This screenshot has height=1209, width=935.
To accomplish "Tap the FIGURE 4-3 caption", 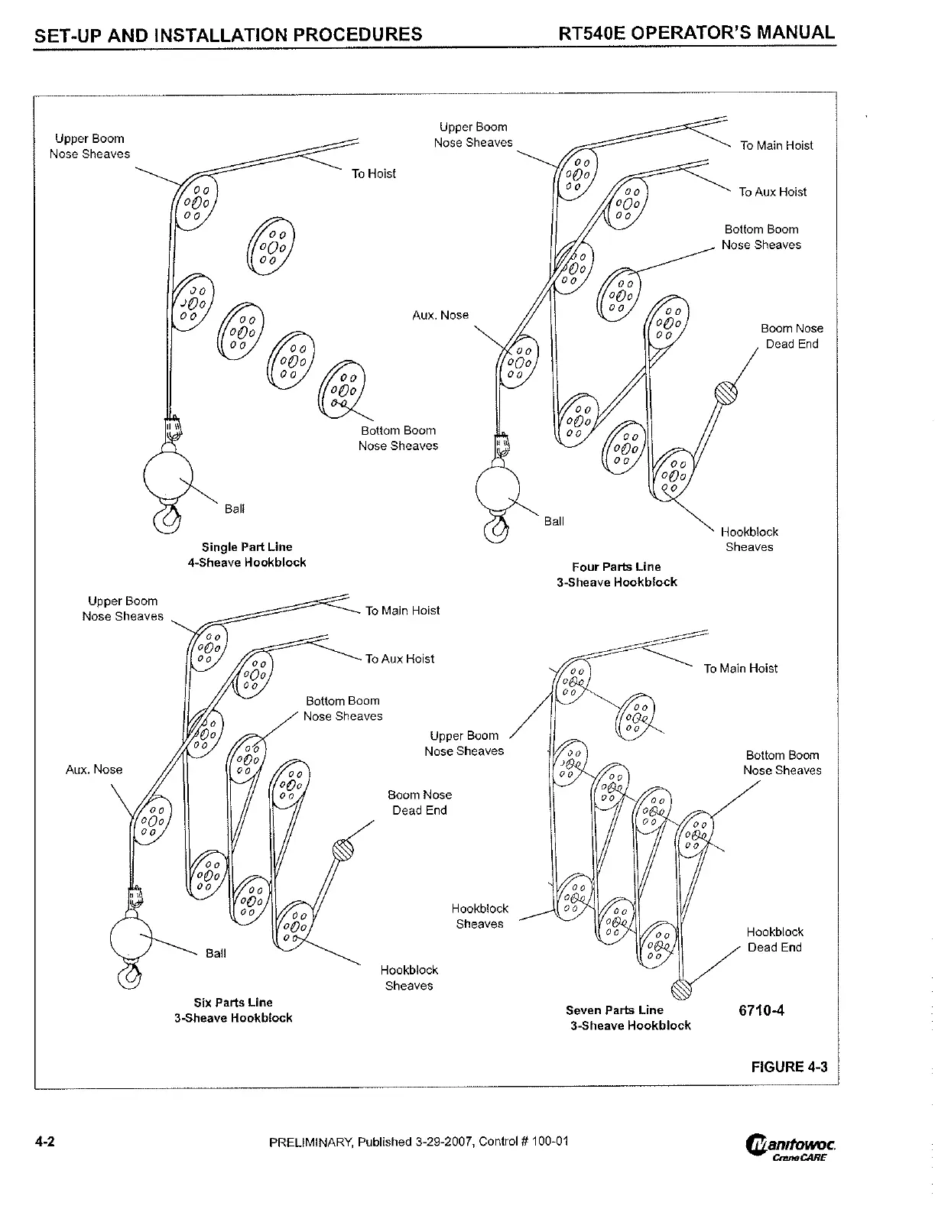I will tap(789, 1067).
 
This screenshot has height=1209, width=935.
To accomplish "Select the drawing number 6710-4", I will tap(761, 1010).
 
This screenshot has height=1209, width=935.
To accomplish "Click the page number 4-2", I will tap(44, 1143).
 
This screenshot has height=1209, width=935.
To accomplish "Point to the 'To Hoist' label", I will tap(373, 174).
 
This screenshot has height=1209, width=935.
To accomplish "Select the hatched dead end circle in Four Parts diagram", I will tap(726, 393).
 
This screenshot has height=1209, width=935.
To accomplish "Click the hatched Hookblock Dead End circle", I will tap(681, 989).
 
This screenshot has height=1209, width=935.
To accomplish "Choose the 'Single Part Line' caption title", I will tap(246, 547).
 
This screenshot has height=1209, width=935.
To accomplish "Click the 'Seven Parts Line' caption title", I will tap(614, 1010).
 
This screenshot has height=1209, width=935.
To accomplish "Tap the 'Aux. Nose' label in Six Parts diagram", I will tap(94, 770).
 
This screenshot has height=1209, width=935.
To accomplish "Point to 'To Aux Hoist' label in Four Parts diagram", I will tap(772, 193).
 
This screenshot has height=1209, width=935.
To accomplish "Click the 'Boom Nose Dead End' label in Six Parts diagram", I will tap(419, 802).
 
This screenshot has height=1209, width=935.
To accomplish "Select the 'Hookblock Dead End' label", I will tap(774, 940).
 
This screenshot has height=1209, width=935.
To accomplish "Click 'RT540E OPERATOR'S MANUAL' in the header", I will tap(696, 33).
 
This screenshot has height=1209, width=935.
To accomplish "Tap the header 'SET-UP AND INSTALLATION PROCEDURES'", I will tap(228, 34).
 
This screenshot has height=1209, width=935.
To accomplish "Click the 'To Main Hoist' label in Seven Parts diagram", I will tap(740, 669).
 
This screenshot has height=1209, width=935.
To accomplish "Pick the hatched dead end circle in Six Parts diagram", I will tap(343, 850).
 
